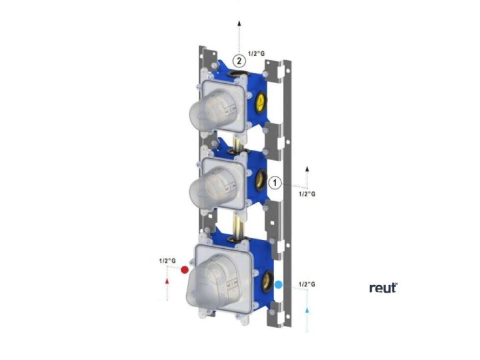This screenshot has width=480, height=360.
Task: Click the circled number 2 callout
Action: pos(239,61)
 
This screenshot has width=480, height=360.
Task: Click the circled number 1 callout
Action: pos(276,183)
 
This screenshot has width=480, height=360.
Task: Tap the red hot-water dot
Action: pos(185,270)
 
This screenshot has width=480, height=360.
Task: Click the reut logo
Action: pos(383,288)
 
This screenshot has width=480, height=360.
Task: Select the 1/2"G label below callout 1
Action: pos(307,194)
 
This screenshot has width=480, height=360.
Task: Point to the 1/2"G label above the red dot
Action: pos(167,261)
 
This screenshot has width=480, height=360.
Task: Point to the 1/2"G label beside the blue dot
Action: pos(307,284)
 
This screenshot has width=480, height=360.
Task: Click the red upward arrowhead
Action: pos(168,281)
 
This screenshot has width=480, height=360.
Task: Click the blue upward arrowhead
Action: pos(307,310)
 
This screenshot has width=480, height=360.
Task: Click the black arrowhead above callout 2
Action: pos(239,23)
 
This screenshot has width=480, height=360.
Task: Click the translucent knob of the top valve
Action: pos(212,112)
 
